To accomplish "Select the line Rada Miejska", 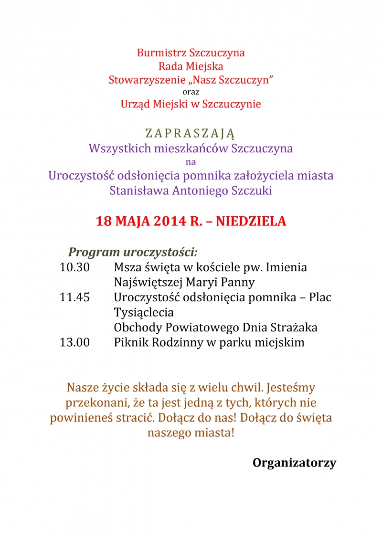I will coord(191,66).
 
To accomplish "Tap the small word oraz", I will coord(191,91).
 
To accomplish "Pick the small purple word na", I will coord(191,162).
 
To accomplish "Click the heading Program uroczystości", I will coord(133,252).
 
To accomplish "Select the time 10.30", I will coord(74,267).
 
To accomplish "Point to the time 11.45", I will coord(74,297).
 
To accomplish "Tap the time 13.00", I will coord(74,342).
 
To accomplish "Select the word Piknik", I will coord(129,342).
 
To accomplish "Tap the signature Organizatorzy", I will coord(294,463).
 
